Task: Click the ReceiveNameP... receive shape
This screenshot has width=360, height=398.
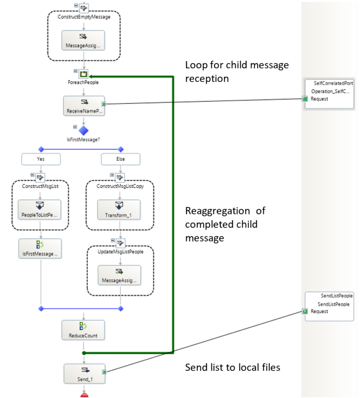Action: click(x=83, y=106)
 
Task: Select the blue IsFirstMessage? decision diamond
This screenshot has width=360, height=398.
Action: click(x=83, y=130)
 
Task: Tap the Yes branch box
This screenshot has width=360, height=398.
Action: click(x=41, y=159)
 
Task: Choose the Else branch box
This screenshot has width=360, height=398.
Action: click(x=120, y=159)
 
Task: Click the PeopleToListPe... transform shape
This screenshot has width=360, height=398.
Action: click(x=40, y=210)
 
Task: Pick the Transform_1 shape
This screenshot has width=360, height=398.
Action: click(x=119, y=210)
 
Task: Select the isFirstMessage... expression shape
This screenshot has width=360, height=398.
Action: click(x=40, y=249)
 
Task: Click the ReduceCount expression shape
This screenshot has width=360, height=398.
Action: click(x=83, y=330)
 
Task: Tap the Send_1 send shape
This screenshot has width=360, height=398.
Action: click(x=83, y=373)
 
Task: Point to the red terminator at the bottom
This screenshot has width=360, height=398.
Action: click(x=84, y=394)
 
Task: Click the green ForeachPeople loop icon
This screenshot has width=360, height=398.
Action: click(x=84, y=74)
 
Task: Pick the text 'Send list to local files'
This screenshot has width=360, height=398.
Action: click(x=232, y=368)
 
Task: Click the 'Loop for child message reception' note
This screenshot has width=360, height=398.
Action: click(x=237, y=72)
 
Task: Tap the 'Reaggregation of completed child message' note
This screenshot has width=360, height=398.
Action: click(x=225, y=225)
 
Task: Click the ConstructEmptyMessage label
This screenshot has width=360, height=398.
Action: click(x=84, y=17)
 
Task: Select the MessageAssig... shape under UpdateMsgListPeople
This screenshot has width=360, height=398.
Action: click(x=119, y=275)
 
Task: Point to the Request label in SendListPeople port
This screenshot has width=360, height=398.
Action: click(x=319, y=311)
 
